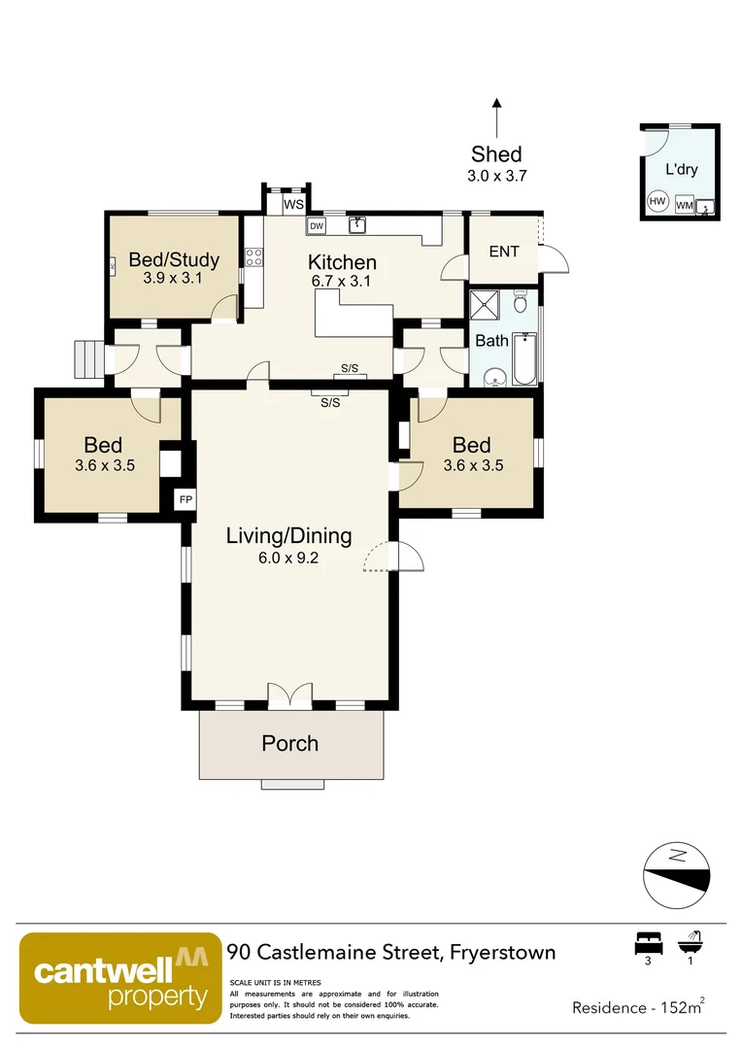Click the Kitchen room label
[x=342, y=262]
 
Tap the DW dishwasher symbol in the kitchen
[x=317, y=226]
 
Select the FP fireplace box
[x=185, y=499]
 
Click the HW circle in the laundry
[x=658, y=201]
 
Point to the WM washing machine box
[x=684, y=205]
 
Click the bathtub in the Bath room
[x=524, y=358]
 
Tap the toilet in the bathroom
[x=521, y=302]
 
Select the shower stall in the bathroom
[x=484, y=305]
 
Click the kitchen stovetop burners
[x=254, y=257]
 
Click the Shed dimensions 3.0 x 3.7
[x=496, y=176]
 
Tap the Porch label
[x=289, y=743]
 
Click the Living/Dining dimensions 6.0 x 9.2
[x=288, y=558]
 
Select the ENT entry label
[x=504, y=252]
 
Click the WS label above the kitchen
[x=293, y=205]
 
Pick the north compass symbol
[x=676, y=875]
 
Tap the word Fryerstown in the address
[x=502, y=952]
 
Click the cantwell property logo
[x=120, y=978]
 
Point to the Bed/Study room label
[x=174, y=259]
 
